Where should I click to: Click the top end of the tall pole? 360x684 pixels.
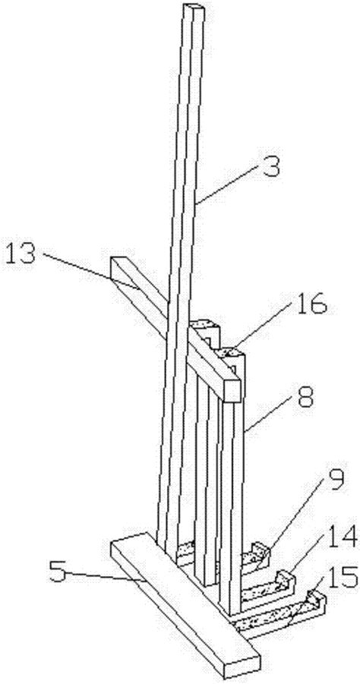194,7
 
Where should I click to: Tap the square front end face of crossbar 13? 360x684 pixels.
232,390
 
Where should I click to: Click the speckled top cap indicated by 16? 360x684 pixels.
230,351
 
